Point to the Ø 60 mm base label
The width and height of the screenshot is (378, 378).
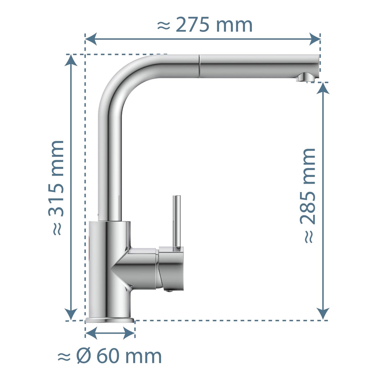click(110, 356)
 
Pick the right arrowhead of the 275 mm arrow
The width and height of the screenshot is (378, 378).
click(315, 39)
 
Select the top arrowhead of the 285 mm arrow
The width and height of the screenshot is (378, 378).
click(323, 88)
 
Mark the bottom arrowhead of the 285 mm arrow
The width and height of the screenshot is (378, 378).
click(323, 314)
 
